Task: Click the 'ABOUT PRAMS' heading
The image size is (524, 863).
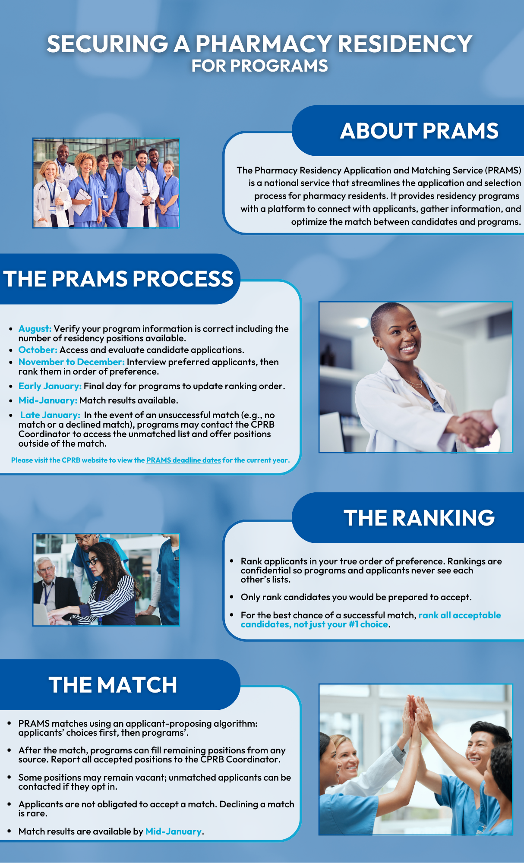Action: point(419,131)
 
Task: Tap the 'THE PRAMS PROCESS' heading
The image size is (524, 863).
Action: point(118,279)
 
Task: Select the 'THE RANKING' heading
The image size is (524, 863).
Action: point(419,518)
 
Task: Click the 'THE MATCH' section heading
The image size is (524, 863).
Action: point(113,685)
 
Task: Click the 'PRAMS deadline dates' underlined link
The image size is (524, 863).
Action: point(183,460)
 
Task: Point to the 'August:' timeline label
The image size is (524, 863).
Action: point(35,329)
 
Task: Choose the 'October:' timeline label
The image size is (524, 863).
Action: point(38,350)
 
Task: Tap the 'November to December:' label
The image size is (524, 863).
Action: point(72,362)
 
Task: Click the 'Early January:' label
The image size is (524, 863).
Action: point(50,386)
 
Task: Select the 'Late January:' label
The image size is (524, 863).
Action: point(50,415)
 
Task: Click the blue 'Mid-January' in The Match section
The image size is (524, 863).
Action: point(174,832)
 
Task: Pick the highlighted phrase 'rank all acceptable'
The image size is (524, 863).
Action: point(460,615)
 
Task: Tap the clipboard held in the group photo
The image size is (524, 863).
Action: point(82,201)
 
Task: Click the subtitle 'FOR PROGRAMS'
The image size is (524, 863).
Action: point(260,66)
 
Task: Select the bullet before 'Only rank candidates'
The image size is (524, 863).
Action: point(232,597)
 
